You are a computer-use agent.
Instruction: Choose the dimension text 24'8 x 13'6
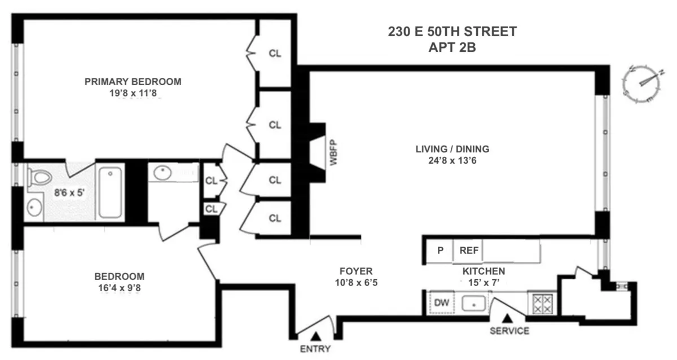[x=452, y=160]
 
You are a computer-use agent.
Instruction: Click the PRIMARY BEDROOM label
[x=133, y=82]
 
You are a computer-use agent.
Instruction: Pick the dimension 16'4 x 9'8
[x=119, y=287]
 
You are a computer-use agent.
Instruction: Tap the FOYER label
[x=356, y=271]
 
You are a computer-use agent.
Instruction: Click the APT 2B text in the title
[x=452, y=47]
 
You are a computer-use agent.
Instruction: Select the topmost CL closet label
[x=275, y=54]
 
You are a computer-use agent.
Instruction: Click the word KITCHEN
[x=483, y=271]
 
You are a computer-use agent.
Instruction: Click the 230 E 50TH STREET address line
[x=452, y=32]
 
